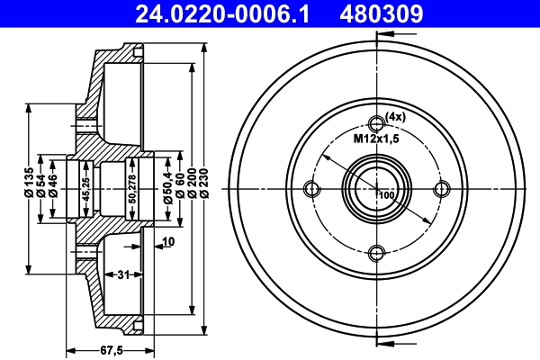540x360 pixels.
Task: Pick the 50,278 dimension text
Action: coord(132,189)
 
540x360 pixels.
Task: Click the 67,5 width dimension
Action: coord(110,351)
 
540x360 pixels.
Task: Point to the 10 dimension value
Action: coord(168,241)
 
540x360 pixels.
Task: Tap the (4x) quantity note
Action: coord(397,116)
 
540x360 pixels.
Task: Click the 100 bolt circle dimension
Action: coord(388,195)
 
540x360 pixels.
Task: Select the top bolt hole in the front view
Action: coord(377,124)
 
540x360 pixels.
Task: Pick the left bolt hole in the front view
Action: coord(312,189)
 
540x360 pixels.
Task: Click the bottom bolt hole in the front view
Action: coord(377,253)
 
